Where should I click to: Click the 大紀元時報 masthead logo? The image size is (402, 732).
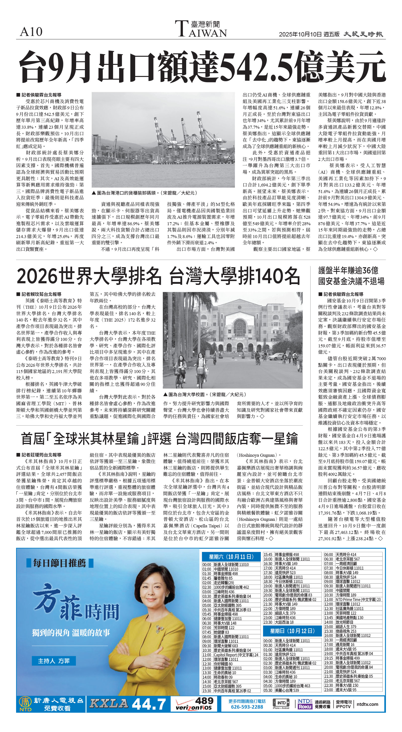pyautogui.click(x=363, y=34)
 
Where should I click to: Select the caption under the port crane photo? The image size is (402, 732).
pyautogui.click(x=144, y=193)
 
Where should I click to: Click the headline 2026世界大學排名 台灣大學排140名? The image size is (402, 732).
pyautogui.click(x=159, y=276)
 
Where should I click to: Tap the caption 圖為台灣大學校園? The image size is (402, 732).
pyautogui.click(x=205, y=394)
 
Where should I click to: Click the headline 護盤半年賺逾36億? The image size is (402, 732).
pyautogui.click(x=348, y=270)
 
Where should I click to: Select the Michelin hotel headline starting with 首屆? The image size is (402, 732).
pyautogui.click(x=159, y=438)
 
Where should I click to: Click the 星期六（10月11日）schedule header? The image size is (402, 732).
pyautogui.click(x=231, y=557)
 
